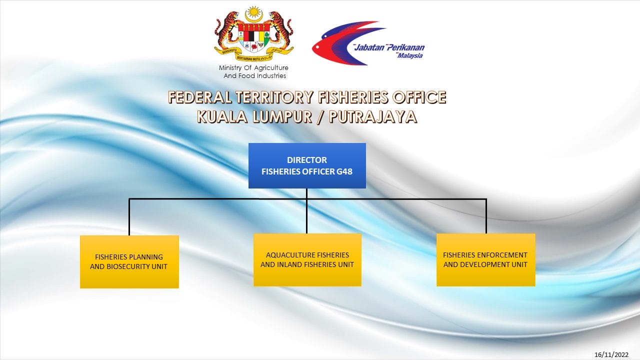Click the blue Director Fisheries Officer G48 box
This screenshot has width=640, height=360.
coord(307,165)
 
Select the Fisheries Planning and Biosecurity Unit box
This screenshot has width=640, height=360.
coord(129,261)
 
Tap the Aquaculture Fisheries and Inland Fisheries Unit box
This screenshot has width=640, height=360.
coord(307,259)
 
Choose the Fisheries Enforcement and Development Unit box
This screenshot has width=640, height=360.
coord(485,259)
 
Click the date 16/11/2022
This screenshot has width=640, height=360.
coord(611,354)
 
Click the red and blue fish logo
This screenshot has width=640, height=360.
coord(348,43)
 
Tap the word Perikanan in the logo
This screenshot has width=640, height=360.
coord(405,47)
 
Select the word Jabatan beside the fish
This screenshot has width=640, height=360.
coord(369,47)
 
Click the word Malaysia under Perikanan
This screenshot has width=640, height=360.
coord(410,55)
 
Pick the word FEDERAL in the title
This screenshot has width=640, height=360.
coord(199,97)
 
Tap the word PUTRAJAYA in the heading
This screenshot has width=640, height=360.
coord(373,117)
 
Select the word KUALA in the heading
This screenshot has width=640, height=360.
coord(222,117)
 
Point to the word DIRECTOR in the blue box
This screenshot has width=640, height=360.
coord(307,160)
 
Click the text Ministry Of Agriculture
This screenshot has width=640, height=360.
coord(253,68)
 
